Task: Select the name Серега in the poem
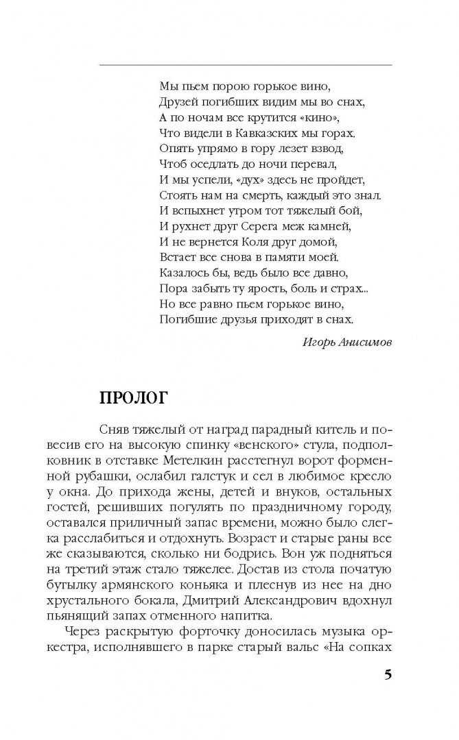click(x=270, y=226)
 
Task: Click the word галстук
click(x=239, y=472)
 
